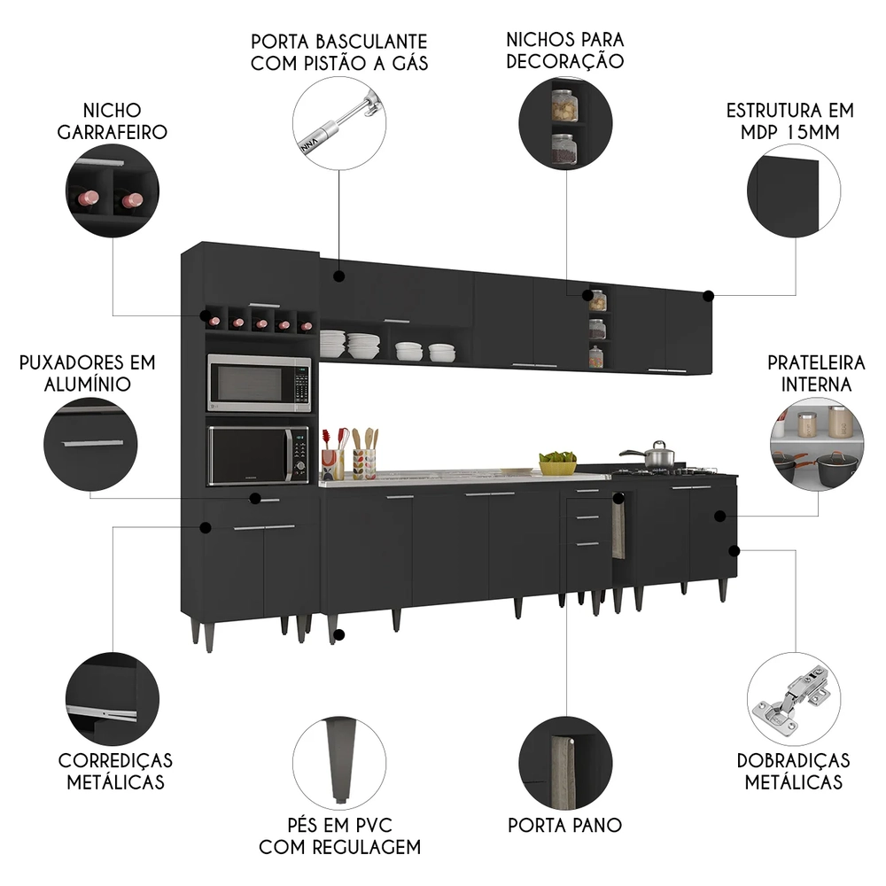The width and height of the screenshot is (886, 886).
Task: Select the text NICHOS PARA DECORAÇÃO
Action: (x=565, y=51)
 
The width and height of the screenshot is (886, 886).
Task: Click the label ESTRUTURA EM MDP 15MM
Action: (x=789, y=121)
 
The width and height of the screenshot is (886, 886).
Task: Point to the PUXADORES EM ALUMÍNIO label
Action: (x=87, y=373)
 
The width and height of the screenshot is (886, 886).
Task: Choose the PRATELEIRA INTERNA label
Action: (x=810, y=373)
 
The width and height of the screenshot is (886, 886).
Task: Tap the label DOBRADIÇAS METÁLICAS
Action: (x=793, y=771)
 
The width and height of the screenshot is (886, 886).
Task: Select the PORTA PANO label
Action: (x=565, y=825)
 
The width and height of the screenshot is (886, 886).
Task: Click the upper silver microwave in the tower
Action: (x=259, y=384)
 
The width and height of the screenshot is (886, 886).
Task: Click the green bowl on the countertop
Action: (x=557, y=463)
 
